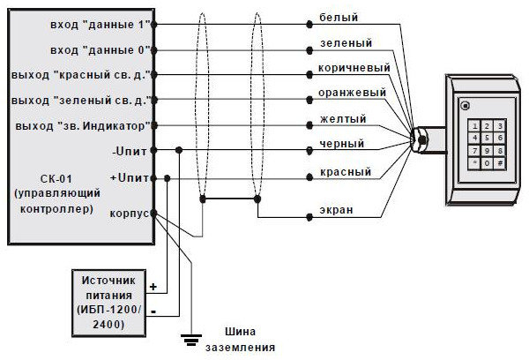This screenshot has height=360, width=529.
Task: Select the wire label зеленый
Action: [x=345, y=42]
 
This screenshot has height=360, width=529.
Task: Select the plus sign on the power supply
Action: [x=153, y=288]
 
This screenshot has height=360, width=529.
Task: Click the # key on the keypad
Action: [x=500, y=164]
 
